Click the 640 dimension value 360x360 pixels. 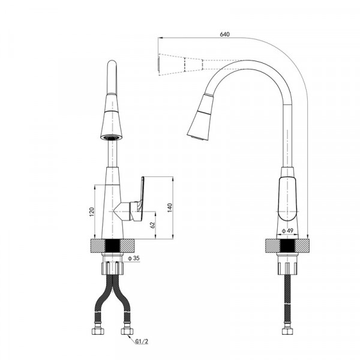(225, 34)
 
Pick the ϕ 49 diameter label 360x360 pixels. (288, 230)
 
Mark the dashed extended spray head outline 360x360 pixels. (180, 64)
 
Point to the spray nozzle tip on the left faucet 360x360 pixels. (111, 137)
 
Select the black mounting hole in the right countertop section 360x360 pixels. (287, 246)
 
